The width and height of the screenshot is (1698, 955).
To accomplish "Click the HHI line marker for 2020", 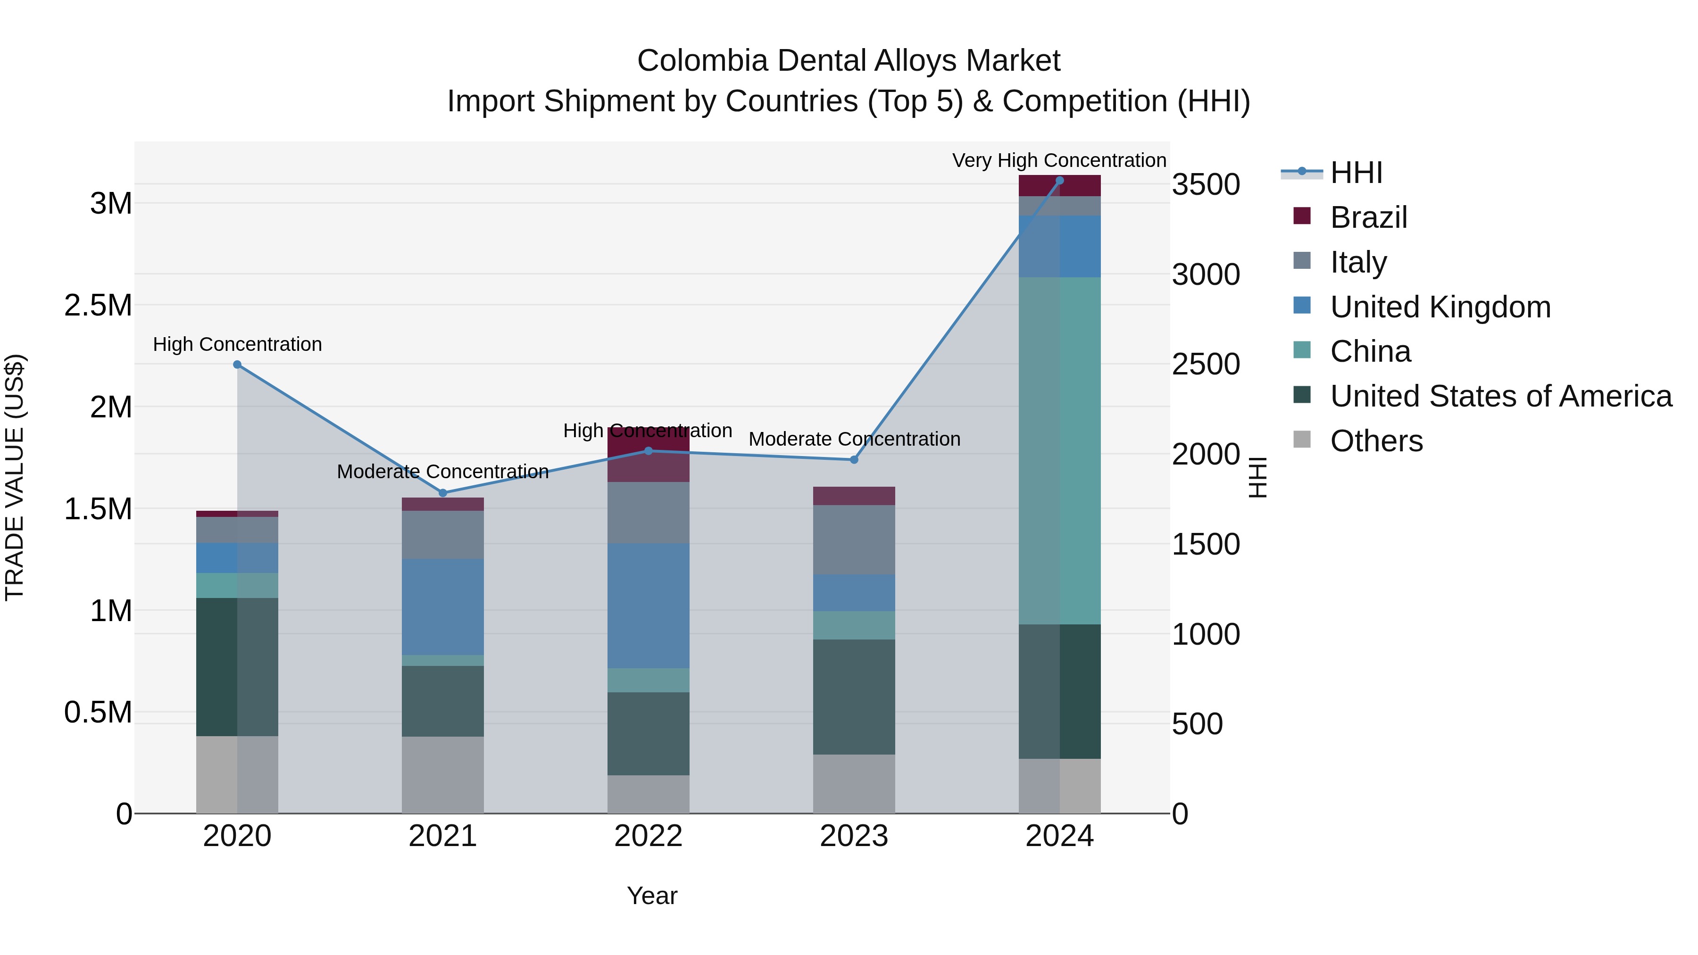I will (237, 365).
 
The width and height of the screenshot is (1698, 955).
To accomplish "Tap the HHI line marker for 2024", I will (1059, 181).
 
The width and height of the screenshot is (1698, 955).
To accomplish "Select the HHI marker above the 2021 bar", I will (443, 493).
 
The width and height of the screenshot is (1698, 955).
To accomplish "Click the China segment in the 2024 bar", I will (1059, 450).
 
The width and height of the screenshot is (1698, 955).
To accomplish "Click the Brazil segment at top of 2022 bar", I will (648, 455).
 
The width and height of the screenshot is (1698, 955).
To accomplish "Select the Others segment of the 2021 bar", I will (443, 774).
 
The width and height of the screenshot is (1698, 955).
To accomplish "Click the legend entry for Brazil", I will (1368, 217).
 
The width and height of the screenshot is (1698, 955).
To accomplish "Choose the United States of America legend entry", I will (1500, 396).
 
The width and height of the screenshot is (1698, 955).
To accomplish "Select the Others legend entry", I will (1376, 441).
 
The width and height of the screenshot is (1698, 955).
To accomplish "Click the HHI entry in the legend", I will (1356, 173).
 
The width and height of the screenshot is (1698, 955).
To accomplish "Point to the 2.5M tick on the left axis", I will (98, 305).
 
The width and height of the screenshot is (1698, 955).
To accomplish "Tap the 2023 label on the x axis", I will (854, 836).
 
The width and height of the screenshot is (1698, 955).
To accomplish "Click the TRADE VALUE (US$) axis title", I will (15, 477).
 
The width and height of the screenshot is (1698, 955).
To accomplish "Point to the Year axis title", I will (652, 896).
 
